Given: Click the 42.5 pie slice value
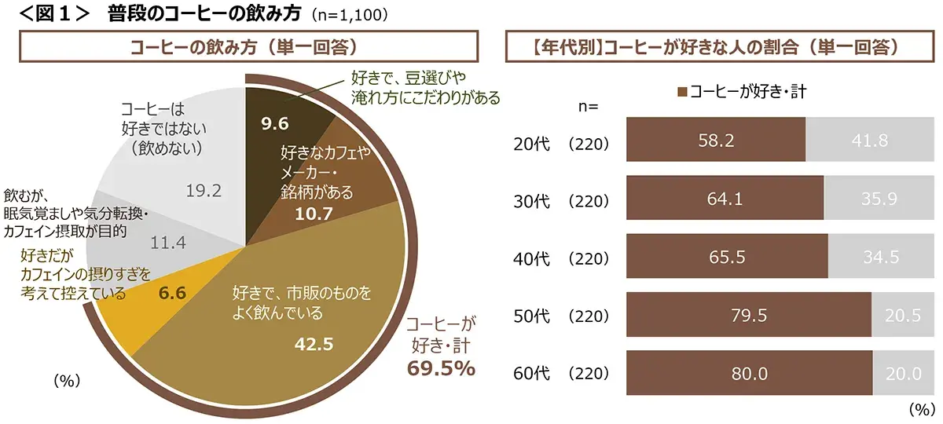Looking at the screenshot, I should (x=314, y=343).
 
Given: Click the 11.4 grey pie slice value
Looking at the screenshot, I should (x=167, y=243).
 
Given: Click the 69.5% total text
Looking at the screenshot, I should (x=441, y=368).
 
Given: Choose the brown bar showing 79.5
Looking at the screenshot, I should (x=748, y=316).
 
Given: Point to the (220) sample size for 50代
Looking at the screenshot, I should (x=589, y=316).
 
